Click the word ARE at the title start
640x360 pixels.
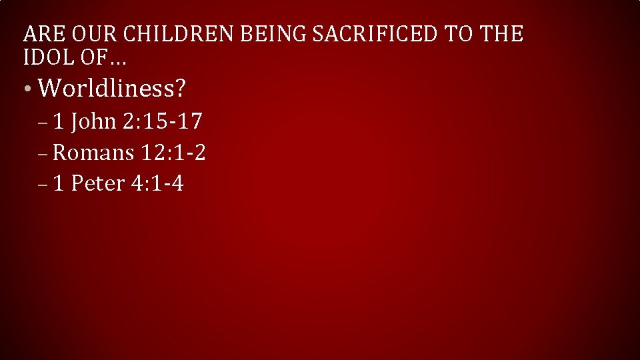42,33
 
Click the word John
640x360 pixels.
93,121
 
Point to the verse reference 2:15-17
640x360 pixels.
163,121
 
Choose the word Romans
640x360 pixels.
93,153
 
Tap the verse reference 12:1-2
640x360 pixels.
173,153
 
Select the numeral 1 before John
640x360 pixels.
59,121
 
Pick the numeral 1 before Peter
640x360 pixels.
59,183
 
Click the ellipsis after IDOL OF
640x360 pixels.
118,61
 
